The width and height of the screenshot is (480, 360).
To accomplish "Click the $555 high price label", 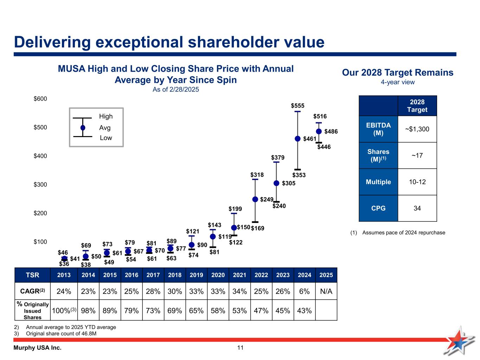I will (x=297, y=105).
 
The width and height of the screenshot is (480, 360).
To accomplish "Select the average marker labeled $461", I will (x=297, y=139).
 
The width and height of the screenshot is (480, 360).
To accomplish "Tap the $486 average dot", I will (x=319, y=131).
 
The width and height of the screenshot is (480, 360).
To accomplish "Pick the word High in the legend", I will (x=106, y=116).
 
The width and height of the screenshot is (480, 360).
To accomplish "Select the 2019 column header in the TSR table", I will (x=196, y=275).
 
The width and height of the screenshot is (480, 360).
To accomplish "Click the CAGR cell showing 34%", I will (x=239, y=291).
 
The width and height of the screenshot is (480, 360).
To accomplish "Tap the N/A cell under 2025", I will (x=326, y=291).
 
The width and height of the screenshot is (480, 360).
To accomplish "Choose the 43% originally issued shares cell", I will (x=305, y=310).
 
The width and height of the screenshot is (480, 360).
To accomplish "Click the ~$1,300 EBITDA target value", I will (x=417, y=129).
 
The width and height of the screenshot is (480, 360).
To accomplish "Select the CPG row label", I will (x=378, y=208).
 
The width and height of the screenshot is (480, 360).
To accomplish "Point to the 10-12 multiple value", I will (x=417, y=182).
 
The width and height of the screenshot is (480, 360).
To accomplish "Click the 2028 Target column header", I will (x=417, y=106).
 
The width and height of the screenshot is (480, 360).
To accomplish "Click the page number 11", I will (x=240, y=348).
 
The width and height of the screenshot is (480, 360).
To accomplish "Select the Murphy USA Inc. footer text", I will (x=38, y=348).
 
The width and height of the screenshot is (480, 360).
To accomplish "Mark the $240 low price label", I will (x=279, y=206).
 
